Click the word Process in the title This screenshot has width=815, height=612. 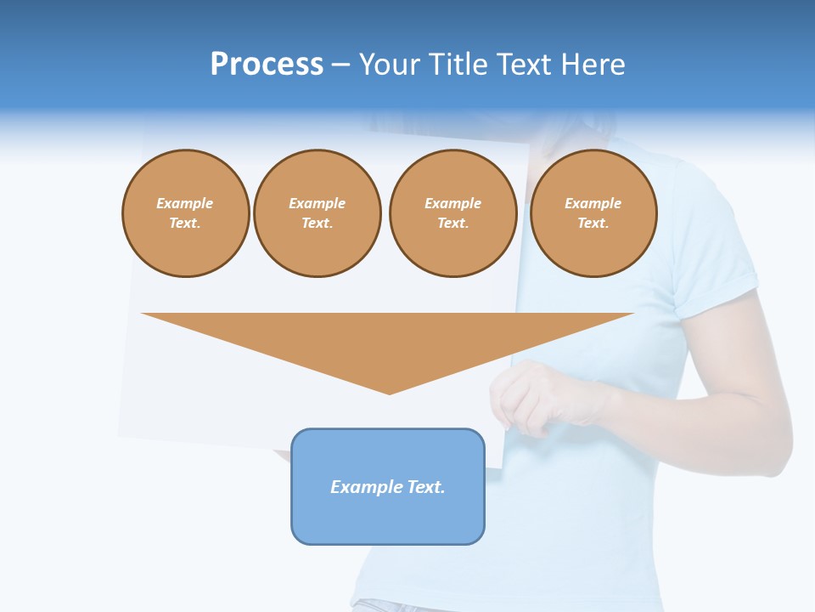click(267, 65)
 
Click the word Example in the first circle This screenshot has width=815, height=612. click(185, 203)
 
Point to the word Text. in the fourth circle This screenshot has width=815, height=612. click(593, 223)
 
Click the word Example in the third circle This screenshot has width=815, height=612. click(452, 203)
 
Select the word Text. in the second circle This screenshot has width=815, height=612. click(317, 223)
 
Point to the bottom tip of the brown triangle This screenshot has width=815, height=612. click(389, 392)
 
